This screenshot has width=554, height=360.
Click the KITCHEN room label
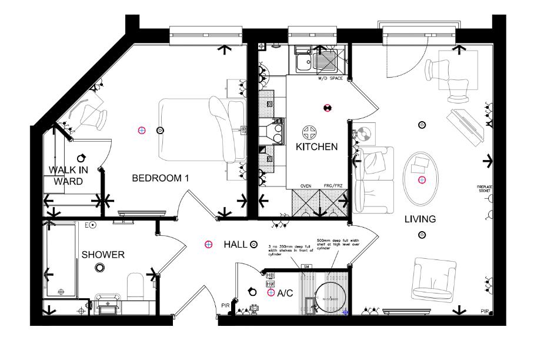coord(316,146)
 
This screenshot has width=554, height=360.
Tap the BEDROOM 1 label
coord(159,178)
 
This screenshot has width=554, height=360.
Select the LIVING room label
coord(420,219)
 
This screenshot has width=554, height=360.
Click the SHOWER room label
coord(103,255)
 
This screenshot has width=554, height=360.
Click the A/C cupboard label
coord(285,292)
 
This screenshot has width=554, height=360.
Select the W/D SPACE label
coord(330,78)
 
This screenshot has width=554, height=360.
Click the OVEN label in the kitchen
coord(306,186)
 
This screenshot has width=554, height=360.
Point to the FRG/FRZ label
coord(333,186)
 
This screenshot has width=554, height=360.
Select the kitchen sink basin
coord(304,60)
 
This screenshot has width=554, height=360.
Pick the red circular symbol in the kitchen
coord(326,108)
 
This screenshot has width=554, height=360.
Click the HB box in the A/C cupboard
coord(271,275)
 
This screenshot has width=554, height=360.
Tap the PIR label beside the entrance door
coord(225,305)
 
